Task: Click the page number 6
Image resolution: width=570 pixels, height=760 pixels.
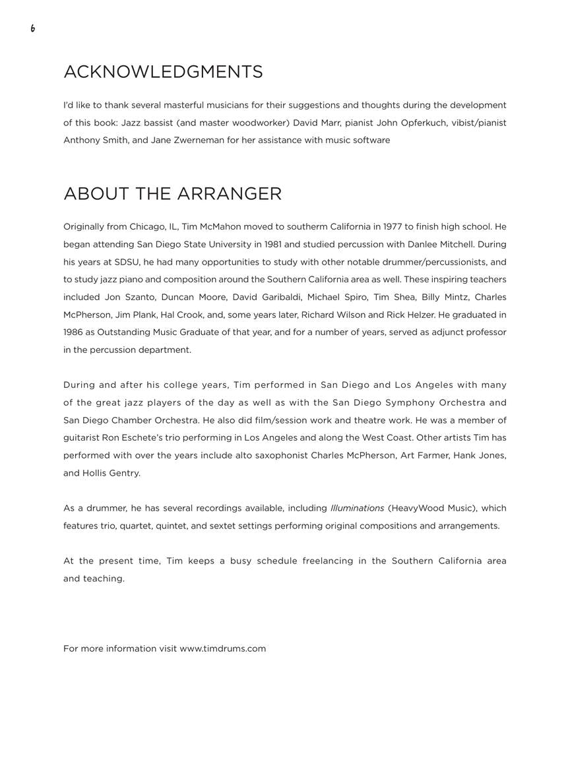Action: coord(32,28)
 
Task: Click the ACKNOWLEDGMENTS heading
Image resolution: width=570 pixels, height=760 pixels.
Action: coord(163,72)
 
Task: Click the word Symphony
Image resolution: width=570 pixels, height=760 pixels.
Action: coord(408,402)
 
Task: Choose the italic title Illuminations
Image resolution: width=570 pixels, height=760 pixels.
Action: coord(357,508)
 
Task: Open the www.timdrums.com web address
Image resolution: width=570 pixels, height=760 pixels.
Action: coord(222,649)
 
